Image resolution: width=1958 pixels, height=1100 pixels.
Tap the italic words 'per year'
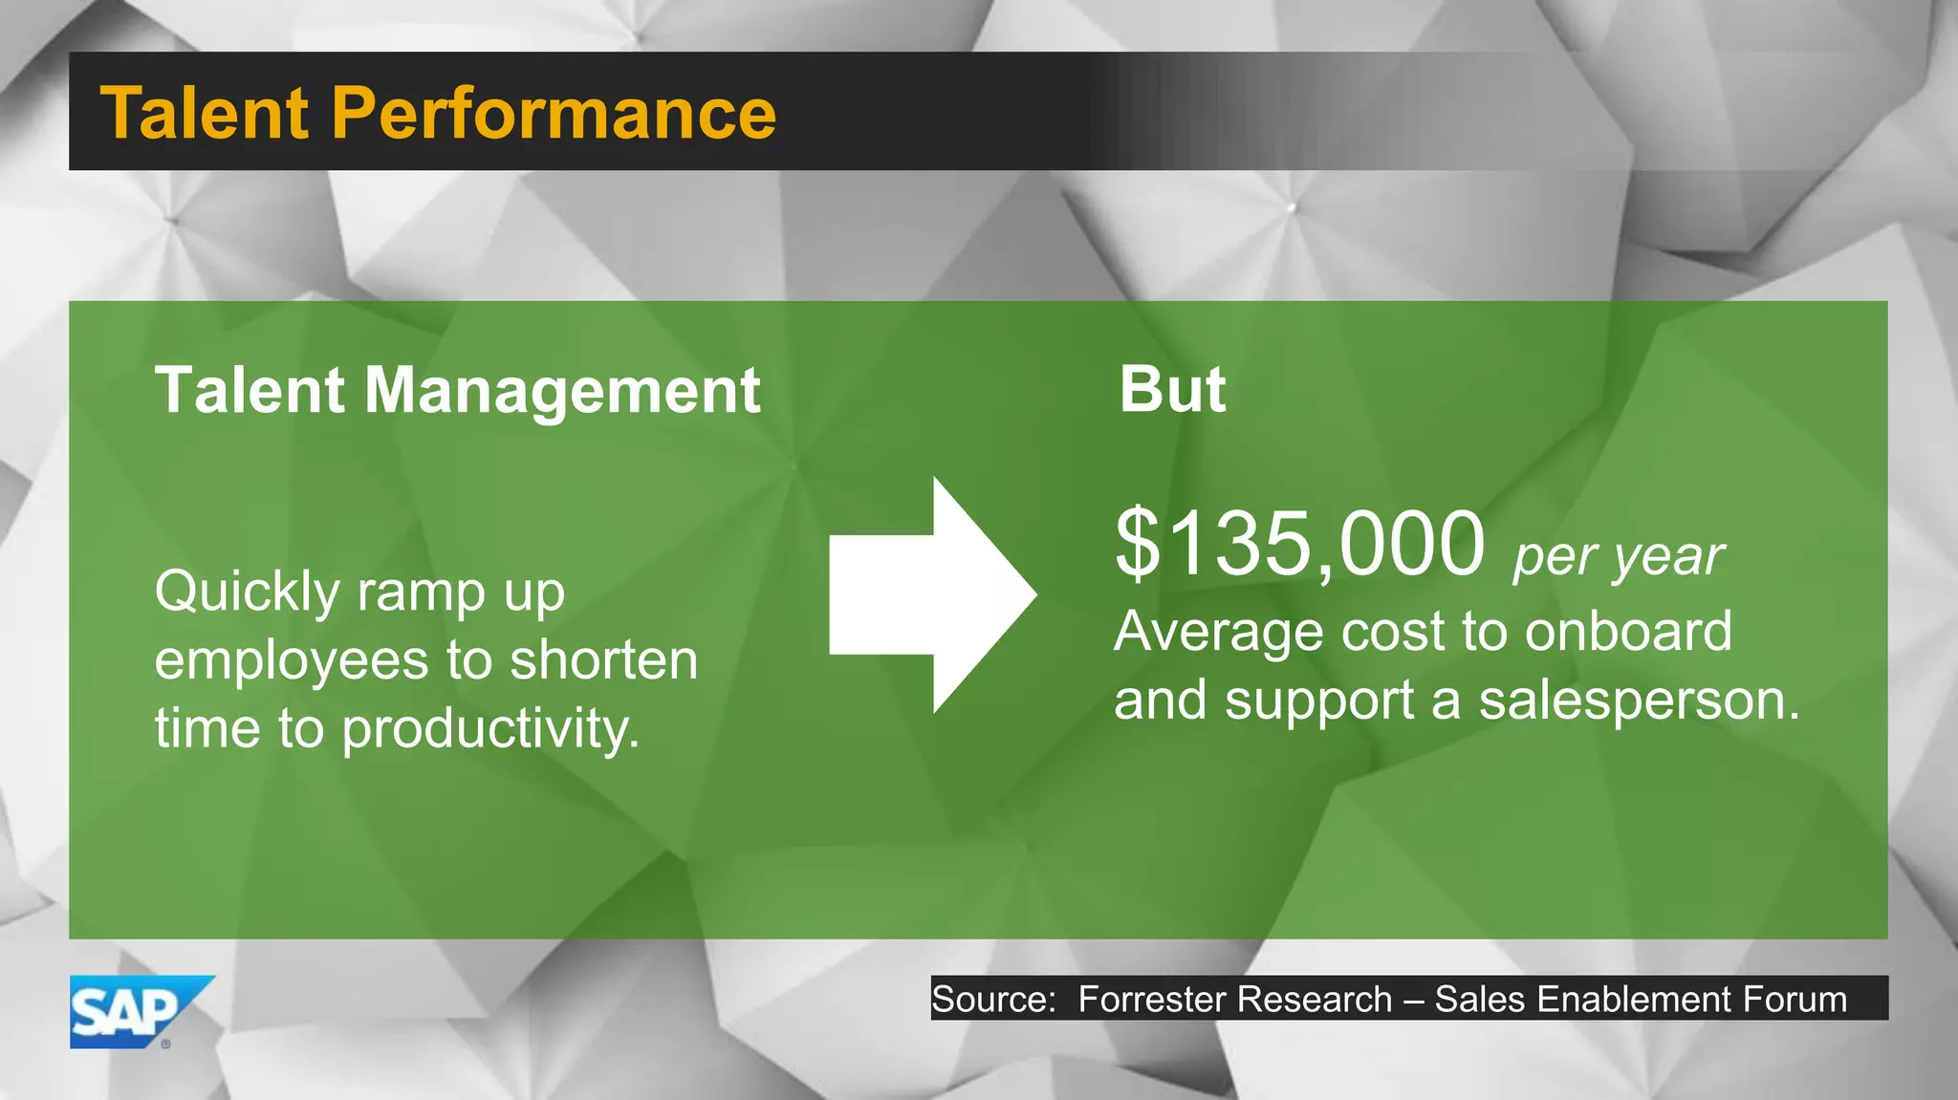click(x=1618, y=556)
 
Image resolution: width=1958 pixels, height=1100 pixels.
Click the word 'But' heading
click(x=1172, y=390)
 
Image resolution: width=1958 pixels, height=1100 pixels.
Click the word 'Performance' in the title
click(x=554, y=113)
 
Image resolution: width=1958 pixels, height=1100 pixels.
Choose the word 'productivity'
click(x=489, y=730)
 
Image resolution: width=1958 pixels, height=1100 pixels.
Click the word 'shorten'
click(x=604, y=659)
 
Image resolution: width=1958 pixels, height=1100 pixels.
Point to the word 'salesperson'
click(x=1637, y=701)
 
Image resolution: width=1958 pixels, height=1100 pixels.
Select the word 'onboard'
click(x=1627, y=632)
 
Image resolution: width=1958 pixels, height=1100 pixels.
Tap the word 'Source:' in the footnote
click(x=993, y=999)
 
